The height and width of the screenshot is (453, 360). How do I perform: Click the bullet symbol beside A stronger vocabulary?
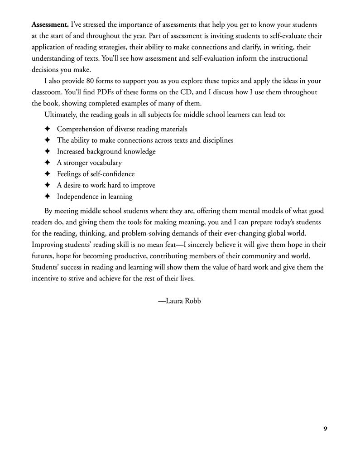(x=47, y=163)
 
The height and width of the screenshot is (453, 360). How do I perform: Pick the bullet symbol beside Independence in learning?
(x=47, y=197)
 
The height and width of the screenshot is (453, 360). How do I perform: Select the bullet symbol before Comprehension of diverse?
(x=47, y=129)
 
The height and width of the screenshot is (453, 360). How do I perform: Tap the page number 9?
(x=325, y=429)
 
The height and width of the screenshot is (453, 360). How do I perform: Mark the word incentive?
(x=47, y=278)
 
